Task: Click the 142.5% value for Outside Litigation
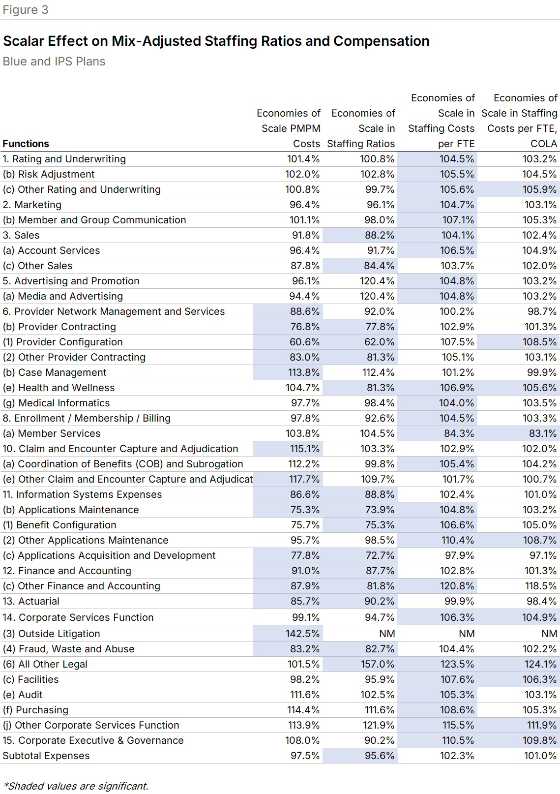tap(302, 634)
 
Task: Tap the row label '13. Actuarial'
tap(31, 601)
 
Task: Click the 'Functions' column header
tap(26, 144)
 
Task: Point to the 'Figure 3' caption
tap(26, 10)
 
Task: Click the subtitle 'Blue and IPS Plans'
tap(54, 61)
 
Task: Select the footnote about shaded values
tap(76, 786)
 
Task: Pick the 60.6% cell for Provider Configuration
tap(304, 342)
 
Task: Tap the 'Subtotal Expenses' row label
tap(46, 756)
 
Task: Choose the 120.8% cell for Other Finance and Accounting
tap(457, 586)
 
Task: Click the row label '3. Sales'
tap(21, 235)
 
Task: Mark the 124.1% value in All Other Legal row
tap(540, 664)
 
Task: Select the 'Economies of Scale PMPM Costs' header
tap(289, 128)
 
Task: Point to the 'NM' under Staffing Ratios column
tap(387, 634)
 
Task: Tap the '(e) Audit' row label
tap(23, 695)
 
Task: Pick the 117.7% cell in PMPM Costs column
tap(304, 479)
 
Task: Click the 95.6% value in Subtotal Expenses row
tap(379, 756)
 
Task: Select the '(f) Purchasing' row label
tap(35, 710)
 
